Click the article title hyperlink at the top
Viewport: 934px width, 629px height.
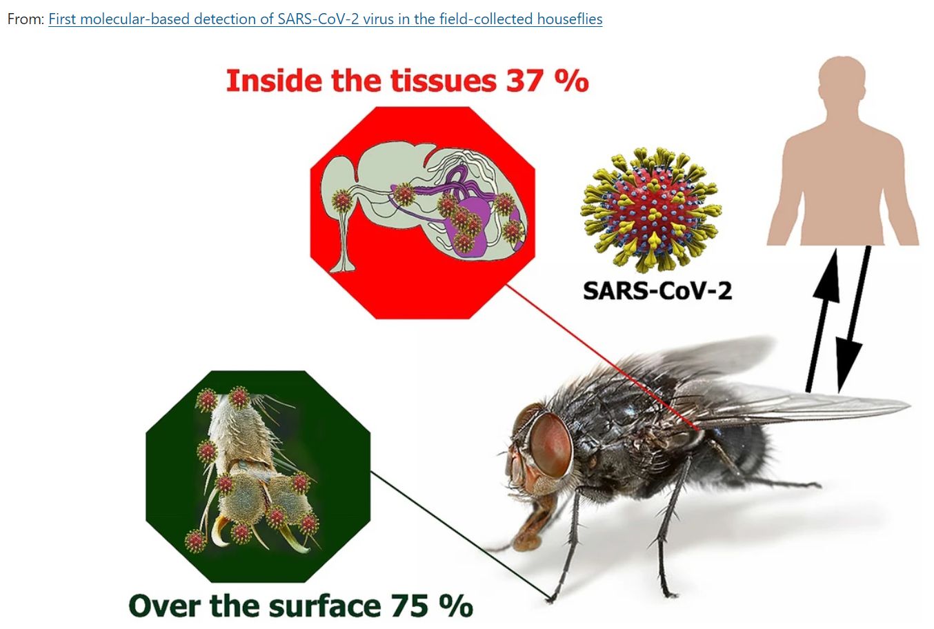[325, 19]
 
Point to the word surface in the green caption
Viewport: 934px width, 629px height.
[325, 606]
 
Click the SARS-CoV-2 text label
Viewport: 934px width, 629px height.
[657, 290]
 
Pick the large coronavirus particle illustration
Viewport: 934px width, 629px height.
[651, 209]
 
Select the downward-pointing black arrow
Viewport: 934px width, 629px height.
[853, 319]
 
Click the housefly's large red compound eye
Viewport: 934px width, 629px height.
[550, 445]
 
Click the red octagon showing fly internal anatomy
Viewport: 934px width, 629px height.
[422, 212]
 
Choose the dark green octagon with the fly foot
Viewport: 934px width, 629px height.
[258, 476]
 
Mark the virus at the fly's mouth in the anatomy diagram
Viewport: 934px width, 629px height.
[342, 201]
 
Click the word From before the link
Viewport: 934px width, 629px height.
[26, 19]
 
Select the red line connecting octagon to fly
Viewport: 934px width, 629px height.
[602, 357]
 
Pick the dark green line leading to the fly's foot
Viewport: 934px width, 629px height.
[460, 536]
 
